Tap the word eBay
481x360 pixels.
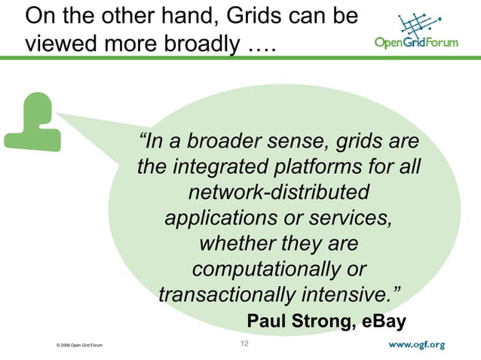pyautogui.click(x=384, y=322)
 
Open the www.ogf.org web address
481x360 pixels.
pyautogui.click(x=417, y=345)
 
